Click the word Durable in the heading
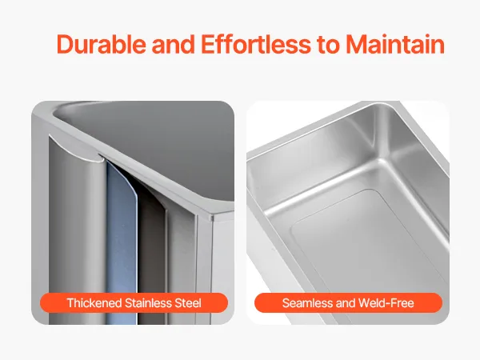coord(102,44)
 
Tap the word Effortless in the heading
coord(256,44)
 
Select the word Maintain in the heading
coord(395,44)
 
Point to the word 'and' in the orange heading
coord(174,44)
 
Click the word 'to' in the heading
coord(328,45)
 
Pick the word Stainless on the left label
coord(148,303)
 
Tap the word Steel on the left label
coord(188,303)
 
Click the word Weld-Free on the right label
coord(386,303)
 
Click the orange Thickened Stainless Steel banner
coord(134,303)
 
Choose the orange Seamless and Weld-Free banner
coord(348,303)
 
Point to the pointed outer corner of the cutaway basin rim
coord(212,218)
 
